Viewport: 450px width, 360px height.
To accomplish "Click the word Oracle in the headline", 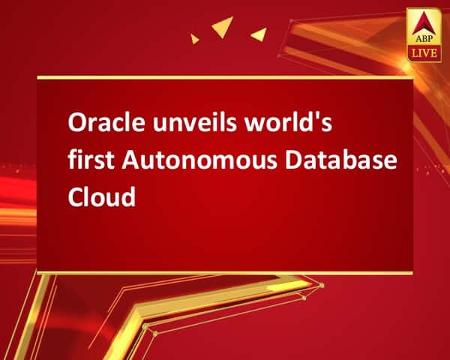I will (x=94, y=124).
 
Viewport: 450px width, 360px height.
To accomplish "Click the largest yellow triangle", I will (x=223, y=28).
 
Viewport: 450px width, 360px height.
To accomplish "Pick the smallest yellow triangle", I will (x=194, y=37).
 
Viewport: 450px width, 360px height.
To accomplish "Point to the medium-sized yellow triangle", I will (x=259, y=34).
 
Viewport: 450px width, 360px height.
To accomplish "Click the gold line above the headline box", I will (x=225, y=76).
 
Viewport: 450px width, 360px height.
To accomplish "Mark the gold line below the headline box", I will (x=225, y=272).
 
